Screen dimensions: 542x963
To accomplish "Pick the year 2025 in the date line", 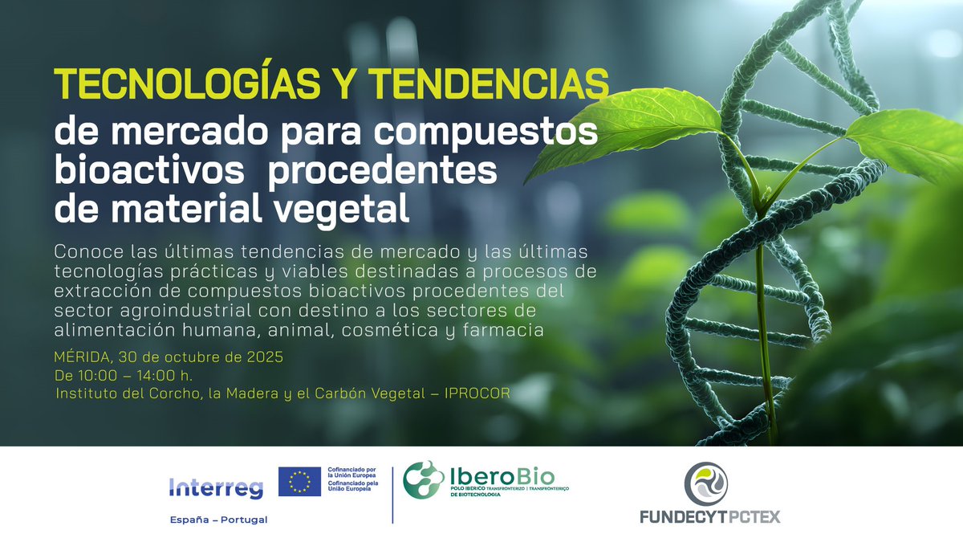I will pyautogui.click(x=266, y=357).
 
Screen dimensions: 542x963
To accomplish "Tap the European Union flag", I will pyautogui.click(x=300, y=482).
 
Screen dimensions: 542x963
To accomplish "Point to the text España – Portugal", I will pyautogui.click(x=219, y=520).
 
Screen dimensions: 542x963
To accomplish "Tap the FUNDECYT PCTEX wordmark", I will pyautogui.click(x=709, y=517).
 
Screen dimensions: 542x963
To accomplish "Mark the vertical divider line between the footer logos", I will pyautogui.click(x=392, y=493).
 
